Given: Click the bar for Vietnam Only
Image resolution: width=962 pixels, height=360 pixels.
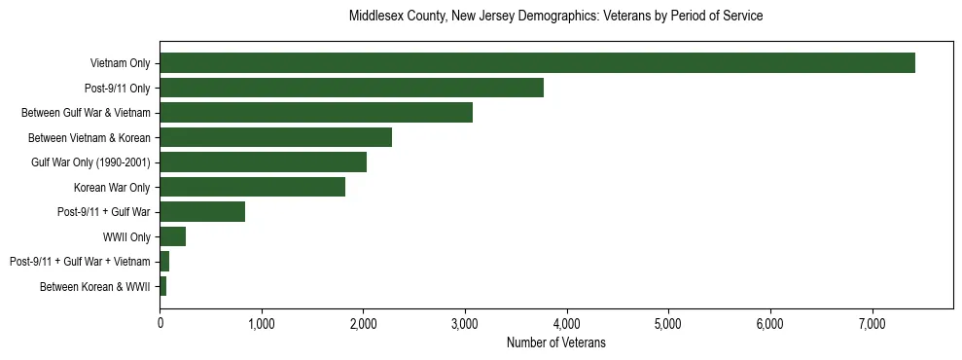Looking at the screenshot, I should [x=537, y=63].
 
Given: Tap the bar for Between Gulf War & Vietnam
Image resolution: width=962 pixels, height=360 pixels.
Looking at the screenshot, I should [x=316, y=113].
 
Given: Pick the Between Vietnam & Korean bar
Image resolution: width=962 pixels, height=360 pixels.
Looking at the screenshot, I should [x=275, y=137].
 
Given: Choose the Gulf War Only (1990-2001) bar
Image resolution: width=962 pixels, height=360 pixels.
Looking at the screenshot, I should [x=263, y=162].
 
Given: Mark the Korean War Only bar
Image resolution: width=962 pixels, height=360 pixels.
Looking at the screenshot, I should [x=252, y=187].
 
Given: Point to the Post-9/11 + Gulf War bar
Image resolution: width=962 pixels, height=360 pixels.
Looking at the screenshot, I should [x=202, y=212].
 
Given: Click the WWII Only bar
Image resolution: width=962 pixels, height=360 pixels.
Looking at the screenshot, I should [x=172, y=236].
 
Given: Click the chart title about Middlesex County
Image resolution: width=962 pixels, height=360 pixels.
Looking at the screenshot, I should [x=555, y=17].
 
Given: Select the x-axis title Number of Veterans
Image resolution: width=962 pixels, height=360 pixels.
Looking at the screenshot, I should [x=555, y=342].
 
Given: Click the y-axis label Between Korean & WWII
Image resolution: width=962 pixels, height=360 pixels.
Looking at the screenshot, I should [x=94, y=287].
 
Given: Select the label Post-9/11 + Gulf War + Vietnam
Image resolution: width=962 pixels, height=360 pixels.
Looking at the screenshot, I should [x=80, y=262].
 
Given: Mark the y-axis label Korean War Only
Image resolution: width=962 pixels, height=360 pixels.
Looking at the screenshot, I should [x=111, y=187].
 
